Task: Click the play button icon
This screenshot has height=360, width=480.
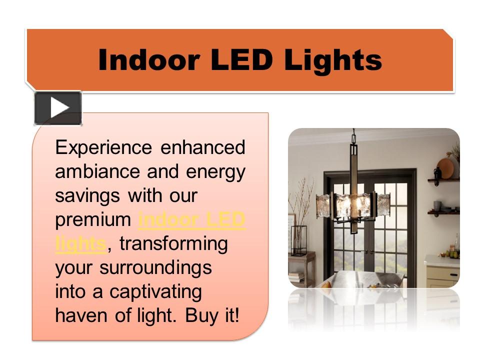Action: pos(58,108)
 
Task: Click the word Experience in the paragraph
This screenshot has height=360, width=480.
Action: pos(103,148)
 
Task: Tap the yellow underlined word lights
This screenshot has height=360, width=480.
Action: pos(80,243)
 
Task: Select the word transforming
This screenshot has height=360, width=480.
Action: pos(173,243)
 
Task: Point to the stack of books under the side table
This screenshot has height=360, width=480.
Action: pos(296,276)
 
